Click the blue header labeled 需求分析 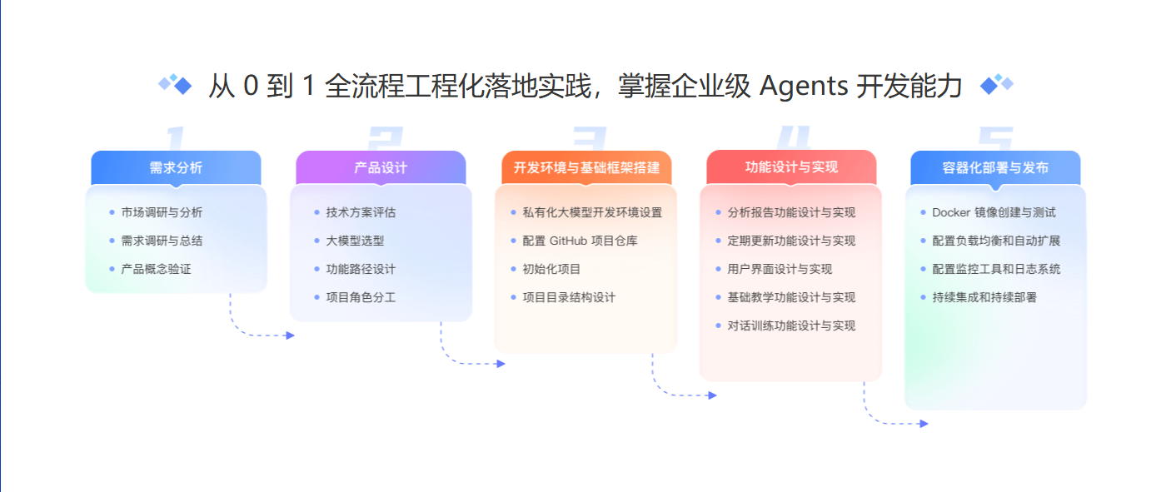[x=176, y=167]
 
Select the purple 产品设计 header [x=381, y=167]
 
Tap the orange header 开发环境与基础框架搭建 [x=586, y=167]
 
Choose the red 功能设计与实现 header [x=791, y=167]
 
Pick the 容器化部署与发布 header [x=995, y=167]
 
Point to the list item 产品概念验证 [x=156, y=269]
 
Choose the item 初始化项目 [x=551, y=269]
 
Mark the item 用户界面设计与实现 [x=780, y=269]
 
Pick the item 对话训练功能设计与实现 [x=791, y=326]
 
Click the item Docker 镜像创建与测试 [x=994, y=212]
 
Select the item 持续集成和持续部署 [x=984, y=297]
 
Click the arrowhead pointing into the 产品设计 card [x=290, y=335]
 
